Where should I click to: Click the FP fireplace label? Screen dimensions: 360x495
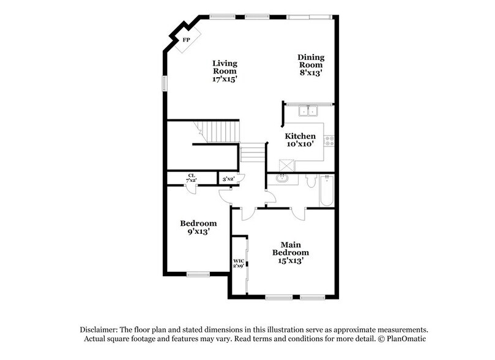coord(185,40)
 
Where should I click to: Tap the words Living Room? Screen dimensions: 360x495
coord(225,67)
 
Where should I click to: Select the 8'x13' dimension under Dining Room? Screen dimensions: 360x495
coord(311,73)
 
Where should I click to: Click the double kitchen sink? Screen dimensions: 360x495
coord(307,111)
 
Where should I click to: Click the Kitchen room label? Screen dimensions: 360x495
coord(300,136)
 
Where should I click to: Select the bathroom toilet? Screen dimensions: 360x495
coord(310,182)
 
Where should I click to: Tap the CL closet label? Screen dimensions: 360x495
coord(192,176)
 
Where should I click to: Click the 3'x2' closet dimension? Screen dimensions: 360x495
coord(229,178)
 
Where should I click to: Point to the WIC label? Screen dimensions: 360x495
coord(239,261)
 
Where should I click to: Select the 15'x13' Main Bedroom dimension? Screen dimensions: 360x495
coord(290,260)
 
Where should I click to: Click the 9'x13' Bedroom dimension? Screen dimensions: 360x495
coord(198,231)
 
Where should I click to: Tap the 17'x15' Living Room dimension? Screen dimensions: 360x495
coord(225,78)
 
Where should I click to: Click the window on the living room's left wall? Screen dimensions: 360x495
coord(163,83)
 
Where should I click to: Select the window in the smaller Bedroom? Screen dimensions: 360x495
coord(197,274)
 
